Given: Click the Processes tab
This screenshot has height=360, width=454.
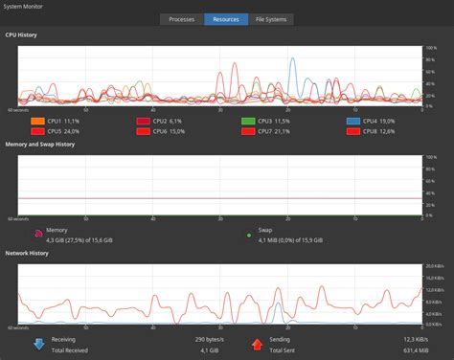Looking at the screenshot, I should tap(182, 19).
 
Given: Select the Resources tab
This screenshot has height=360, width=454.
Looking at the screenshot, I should tap(226, 19).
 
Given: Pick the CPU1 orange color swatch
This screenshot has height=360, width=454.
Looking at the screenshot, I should tap(37, 122).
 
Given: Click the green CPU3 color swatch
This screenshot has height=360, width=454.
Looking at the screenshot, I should tap(248, 122).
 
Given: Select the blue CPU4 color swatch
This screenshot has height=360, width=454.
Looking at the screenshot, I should tap(353, 122).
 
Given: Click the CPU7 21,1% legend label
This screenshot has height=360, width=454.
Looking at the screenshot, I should tap(279, 131).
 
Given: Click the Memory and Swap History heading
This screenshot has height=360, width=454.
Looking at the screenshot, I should tap(40, 144).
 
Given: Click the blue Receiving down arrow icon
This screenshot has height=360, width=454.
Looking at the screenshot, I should tap(38, 343).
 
